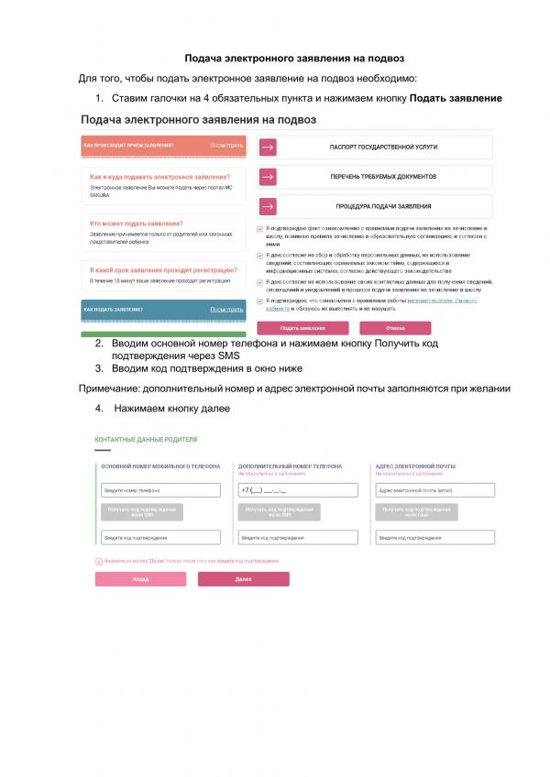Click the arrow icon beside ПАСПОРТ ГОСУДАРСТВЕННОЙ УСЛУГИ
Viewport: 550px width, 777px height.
pos(268,148)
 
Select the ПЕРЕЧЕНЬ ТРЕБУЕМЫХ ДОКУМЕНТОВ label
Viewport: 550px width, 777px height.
pos(383,177)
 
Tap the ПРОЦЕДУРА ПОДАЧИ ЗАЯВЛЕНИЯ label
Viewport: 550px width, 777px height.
pos(383,206)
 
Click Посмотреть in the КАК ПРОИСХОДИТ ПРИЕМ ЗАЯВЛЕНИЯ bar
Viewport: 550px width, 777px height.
pos(226,145)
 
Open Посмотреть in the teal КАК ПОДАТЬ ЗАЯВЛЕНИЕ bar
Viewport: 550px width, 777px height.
pos(226,310)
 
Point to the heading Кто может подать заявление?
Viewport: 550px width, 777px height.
pos(136,224)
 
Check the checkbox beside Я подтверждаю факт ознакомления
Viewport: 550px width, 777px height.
pos(259,228)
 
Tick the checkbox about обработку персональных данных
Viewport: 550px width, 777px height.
pos(259,255)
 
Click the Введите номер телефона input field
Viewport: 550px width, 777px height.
pos(160,490)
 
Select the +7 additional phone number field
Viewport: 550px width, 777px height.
pos(298,490)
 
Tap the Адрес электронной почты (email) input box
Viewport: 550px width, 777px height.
pos(435,490)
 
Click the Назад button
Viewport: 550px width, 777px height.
pos(140,579)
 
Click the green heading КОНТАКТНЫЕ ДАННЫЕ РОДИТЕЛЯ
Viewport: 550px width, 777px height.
pos(146,440)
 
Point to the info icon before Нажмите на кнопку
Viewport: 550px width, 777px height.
pos(98,560)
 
